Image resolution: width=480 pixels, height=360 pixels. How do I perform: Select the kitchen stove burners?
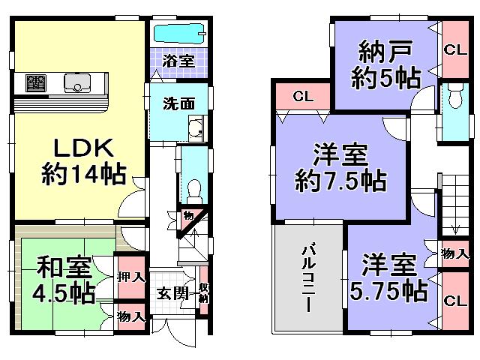pyautogui.click(x=36, y=82)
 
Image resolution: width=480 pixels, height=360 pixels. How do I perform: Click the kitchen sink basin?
pyautogui.click(x=77, y=82)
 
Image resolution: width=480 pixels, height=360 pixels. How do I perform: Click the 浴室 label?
pyautogui.click(x=180, y=60)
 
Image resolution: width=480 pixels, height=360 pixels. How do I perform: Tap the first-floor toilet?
pyautogui.click(x=192, y=187)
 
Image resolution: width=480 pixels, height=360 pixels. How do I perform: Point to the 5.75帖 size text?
pyautogui.click(x=388, y=288)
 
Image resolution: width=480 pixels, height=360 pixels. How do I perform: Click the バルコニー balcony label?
pyautogui.click(x=307, y=277)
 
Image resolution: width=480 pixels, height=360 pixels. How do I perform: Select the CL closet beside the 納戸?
pyautogui.click(x=453, y=50)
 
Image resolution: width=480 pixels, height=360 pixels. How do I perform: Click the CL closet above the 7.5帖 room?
pyautogui.click(x=303, y=96)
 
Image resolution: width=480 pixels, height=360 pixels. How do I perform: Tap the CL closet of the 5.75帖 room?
pyautogui.click(x=453, y=301)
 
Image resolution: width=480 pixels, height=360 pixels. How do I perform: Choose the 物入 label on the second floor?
pyautogui.click(x=454, y=253)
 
